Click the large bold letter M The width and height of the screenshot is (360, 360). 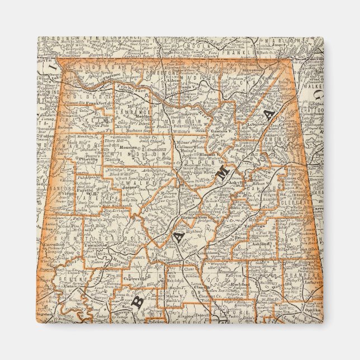click(x=222, y=175)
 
